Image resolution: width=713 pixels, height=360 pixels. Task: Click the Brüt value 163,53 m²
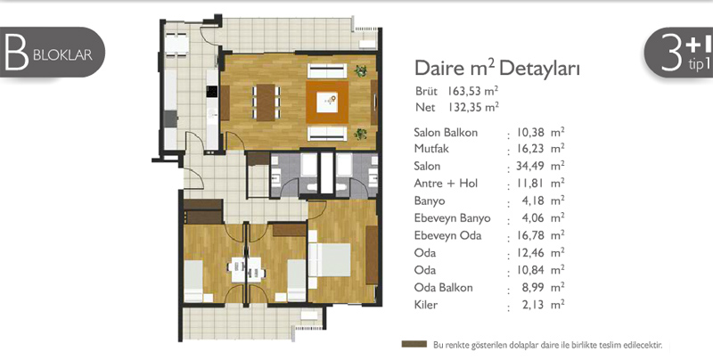click(472, 91)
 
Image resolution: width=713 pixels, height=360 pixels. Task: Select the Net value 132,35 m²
click(473, 107)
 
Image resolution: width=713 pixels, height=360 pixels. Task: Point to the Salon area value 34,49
click(530, 167)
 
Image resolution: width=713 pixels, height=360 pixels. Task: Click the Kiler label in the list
click(426, 305)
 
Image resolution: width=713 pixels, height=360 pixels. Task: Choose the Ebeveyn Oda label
click(447, 235)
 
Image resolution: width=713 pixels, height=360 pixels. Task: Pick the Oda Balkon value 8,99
click(533, 287)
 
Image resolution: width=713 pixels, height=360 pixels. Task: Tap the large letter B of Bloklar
click(17, 53)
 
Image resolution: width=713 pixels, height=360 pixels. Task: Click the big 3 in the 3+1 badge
click(671, 53)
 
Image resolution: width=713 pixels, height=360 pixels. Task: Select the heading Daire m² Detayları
click(497, 70)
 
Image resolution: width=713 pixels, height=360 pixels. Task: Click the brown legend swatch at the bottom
click(414, 344)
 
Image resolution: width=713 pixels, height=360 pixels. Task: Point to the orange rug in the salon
click(327, 102)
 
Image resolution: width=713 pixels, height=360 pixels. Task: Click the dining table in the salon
click(266, 102)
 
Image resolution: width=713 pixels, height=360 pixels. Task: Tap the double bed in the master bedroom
click(330, 260)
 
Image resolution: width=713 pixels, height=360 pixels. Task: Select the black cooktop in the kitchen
click(212, 92)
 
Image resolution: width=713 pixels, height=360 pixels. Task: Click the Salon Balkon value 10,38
click(530, 133)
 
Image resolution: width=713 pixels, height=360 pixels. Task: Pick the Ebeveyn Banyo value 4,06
click(533, 218)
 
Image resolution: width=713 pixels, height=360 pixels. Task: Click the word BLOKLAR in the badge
click(62, 55)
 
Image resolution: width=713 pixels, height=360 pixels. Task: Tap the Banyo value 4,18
click(533, 200)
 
